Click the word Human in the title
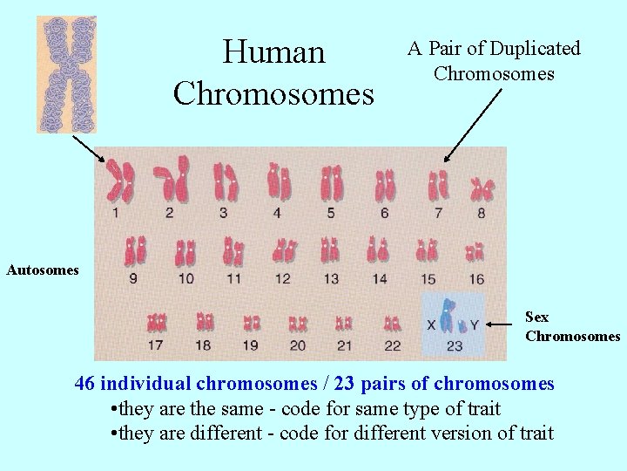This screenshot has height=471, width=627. pyautogui.click(x=273, y=52)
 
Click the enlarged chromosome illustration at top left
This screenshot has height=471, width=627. pyautogui.click(x=66, y=74)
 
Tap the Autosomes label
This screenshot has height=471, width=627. pyautogui.click(x=43, y=270)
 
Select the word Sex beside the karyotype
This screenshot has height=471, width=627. pyautogui.click(x=537, y=317)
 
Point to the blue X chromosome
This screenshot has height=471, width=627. pyautogui.click(x=448, y=316)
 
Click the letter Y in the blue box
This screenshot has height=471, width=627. pyautogui.click(x=474, y=325)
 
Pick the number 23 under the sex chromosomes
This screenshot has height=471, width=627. pyautogui.click(x=455, y=346)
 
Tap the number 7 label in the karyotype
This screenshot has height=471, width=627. pyautogui.click(x=438, y=212)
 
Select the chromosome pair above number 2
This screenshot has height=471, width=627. pyautogui.click(x=172, y=179)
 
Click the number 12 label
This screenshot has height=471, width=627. pyautogui.click(x=283, y=279)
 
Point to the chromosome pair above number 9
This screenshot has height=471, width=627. pyautogui.click(x=135, y=251)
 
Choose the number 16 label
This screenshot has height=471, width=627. pyautogui.click(x=476, y=279)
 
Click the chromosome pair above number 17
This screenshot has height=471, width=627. pyautogui.click(x=157, y=323)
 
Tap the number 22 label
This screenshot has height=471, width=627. pyautogui.click(x=392, y=346)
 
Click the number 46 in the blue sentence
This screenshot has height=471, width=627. pyautogui.click(x=84, y=384)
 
